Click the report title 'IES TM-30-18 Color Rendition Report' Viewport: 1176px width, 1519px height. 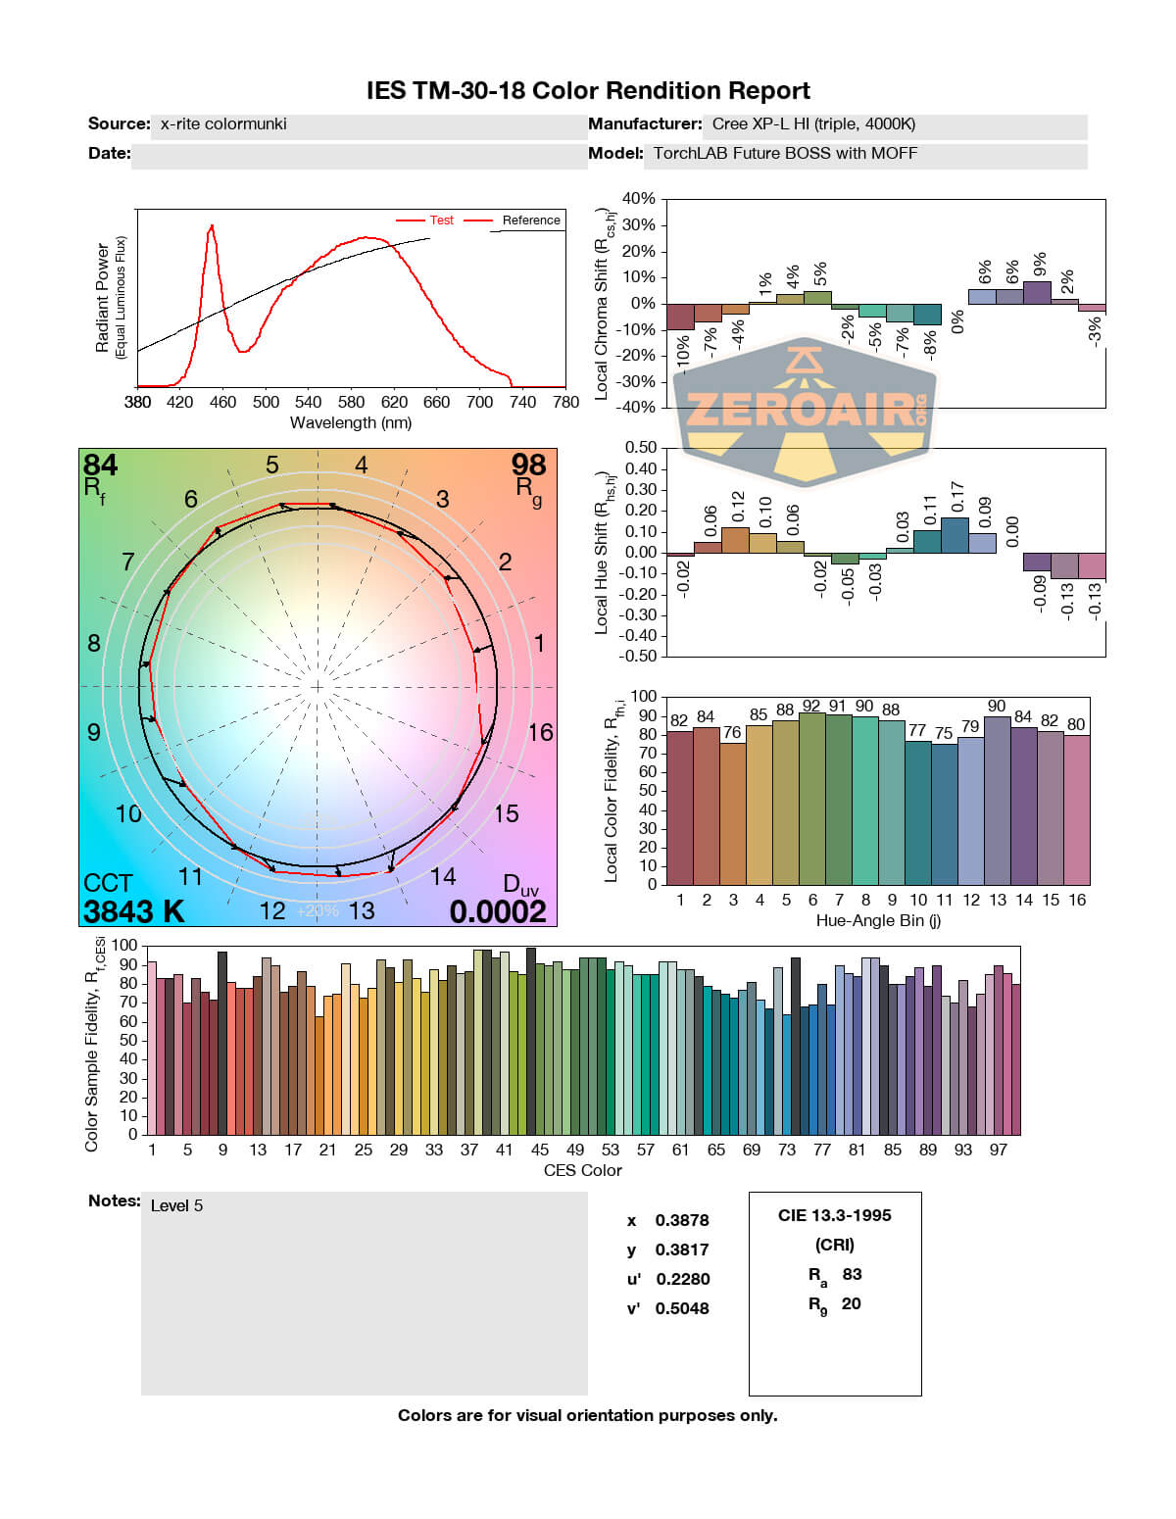(588, 91)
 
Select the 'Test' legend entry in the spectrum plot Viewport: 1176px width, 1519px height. (441, 220)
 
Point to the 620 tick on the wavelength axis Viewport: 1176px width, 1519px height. (394, 402)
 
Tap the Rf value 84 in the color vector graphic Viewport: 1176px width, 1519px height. (100, 465)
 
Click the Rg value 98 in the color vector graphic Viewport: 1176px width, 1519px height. (528, 465)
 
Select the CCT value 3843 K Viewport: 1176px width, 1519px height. (134, 911)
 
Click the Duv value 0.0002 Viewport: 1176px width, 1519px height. (498, 911)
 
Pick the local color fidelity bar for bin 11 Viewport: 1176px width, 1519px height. (944, 813)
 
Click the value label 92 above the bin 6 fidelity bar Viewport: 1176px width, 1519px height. (811, 706)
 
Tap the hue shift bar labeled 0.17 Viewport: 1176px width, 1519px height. (955, 535)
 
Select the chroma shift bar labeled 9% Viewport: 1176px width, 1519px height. (1037, 292)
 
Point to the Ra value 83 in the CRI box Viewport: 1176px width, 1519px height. (852, 1274)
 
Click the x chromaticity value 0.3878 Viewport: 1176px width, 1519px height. (682, 1220)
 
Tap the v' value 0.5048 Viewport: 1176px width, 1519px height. (682, 1308)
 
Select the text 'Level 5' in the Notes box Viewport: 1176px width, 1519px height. (176, 1205)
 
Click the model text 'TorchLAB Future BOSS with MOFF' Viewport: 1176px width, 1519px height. (785, 153)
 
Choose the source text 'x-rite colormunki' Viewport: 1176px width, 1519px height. (223, 123)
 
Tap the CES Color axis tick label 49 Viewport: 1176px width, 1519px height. (575, 1150)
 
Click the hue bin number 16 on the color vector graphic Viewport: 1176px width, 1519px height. (540, 732)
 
